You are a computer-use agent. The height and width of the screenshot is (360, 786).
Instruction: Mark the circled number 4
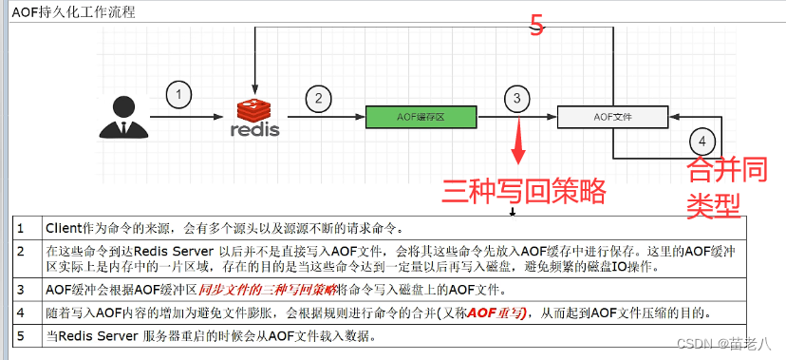pyautogui.click(x=702, y=142)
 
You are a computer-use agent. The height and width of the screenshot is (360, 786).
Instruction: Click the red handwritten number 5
pyautogui.click(x=537, y=26)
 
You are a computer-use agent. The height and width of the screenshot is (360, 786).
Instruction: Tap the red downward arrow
pyautogui.click(x=518, y=143)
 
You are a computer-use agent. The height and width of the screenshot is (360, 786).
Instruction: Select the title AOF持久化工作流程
pyautogui.click(x=73, y=12)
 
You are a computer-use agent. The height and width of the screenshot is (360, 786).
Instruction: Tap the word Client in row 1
pyautogui.click(x=65, y=228)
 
